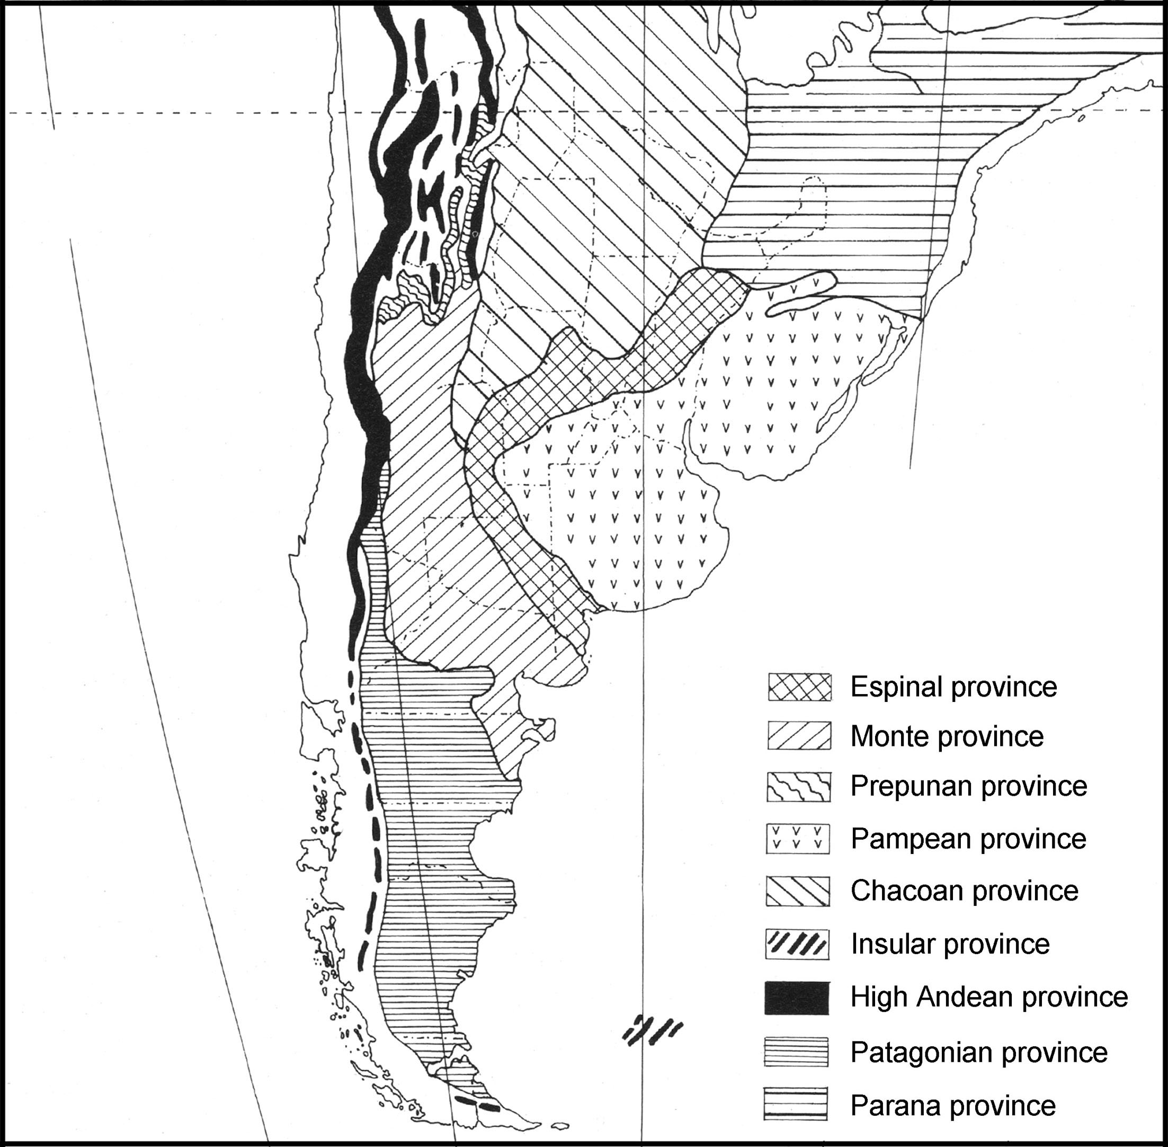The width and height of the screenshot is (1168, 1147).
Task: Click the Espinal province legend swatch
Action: (799, 687)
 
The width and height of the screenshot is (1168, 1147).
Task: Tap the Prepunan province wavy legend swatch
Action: (799, 787)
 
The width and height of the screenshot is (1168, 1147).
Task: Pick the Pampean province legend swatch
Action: (798, 839)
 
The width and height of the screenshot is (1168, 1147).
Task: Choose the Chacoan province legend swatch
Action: (798, 891)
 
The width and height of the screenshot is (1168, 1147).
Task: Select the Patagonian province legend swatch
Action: (796, 1052)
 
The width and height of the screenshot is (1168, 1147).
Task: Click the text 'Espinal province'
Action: (953, 687)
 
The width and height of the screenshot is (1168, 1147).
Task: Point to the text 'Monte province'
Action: (947, 736)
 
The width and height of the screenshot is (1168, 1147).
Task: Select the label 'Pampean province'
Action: (968, 839)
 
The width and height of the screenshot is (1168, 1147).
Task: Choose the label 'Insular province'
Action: (950, 944)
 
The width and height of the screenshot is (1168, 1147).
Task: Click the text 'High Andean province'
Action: (989, 997)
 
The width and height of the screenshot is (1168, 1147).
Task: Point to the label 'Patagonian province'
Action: (979, 1052)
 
